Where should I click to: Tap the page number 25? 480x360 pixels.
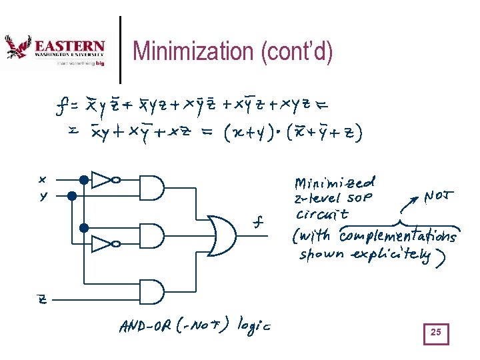pyautogui.click(x=436, y=332)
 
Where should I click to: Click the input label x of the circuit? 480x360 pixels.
pyautogui.click(x=43, y=179)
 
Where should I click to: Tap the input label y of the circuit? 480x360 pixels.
pyautogui.click(x=43, y=197)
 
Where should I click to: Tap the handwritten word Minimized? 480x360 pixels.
pyautogui.click(x=335, y=182)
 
